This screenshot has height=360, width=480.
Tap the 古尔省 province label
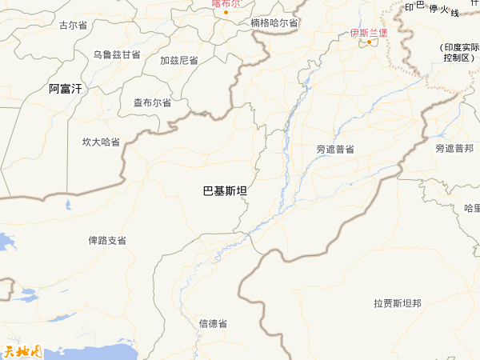(x=74, y=25)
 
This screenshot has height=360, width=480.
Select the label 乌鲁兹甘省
(x=116, y=54)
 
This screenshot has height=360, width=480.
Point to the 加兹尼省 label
(x=179, y=60)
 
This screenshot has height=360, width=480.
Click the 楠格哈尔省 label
(x=274, y=22)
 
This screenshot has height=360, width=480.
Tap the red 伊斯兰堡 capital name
(x=368, y=33)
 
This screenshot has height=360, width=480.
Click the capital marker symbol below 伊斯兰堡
(x=370, y=42)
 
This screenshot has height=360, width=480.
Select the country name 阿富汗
(x=65, y=89)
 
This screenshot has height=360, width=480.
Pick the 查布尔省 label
(x=152, y=102)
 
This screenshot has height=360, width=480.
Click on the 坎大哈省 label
(x=101, y=142)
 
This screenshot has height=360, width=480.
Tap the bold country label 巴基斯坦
(x=225, y=190)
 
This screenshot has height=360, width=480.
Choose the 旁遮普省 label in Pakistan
(x=335, y=149)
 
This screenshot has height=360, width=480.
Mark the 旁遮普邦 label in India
(x=454, y=149)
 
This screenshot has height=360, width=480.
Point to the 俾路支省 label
(x=107, y=240)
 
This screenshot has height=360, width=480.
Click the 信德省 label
(x=213, y=323)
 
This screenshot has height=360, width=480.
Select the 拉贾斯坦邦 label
(x=398, y=303)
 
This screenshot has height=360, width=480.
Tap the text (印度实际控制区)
(x=458, y=53)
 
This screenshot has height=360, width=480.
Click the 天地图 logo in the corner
(x=21, y=350)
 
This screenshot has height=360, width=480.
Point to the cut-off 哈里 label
(x=472, y=208)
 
